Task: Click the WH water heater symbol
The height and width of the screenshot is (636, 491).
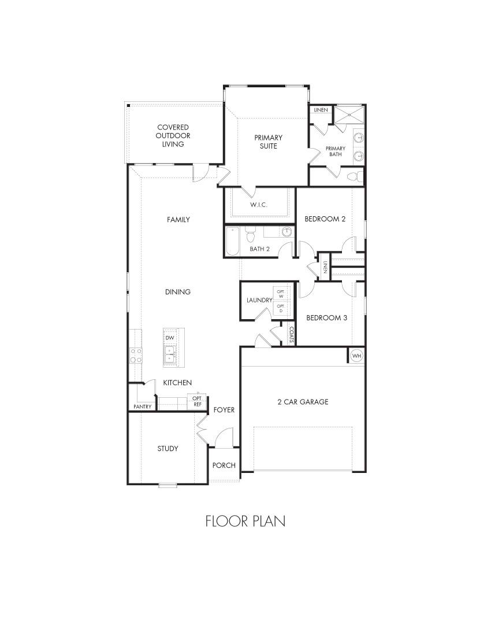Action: pyautogui.click(x=356, y=356)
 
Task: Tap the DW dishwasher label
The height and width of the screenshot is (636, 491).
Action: pyautogui.click(x=170, y=338)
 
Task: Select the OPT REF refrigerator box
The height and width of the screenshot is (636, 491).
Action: pyautogui.click(x=197, y=401)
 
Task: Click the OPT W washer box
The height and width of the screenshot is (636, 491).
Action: pyautogui.click(x=281, y=293)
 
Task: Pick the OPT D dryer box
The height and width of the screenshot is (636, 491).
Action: pyautogui.click(x=281, y=308)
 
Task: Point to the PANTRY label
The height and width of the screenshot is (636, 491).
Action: pyautogui.click(x=142, y=406)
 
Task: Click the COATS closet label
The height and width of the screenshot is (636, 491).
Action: pyautogui.click(x=292, y=335)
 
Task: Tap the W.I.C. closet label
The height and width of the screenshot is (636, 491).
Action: pyautogui.click(x=258, y=205)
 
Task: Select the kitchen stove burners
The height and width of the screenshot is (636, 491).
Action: pyautogui.click(x=136, y=355)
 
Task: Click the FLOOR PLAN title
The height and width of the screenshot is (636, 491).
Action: pyautogui.click(x=245, y=521)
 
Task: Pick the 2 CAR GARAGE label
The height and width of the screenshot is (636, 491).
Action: pyautogui.click(x=303, y=402)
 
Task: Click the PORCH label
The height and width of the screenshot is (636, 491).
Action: pyautogui.click(x=223, y=465)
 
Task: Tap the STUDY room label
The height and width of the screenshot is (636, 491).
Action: pyautogui.click(x=168, y=449)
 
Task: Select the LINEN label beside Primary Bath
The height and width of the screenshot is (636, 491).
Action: pyautogui.click(x=321, y=110)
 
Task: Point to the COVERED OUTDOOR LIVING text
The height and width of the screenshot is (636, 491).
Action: pyautogui.click(x=173, y=135)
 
